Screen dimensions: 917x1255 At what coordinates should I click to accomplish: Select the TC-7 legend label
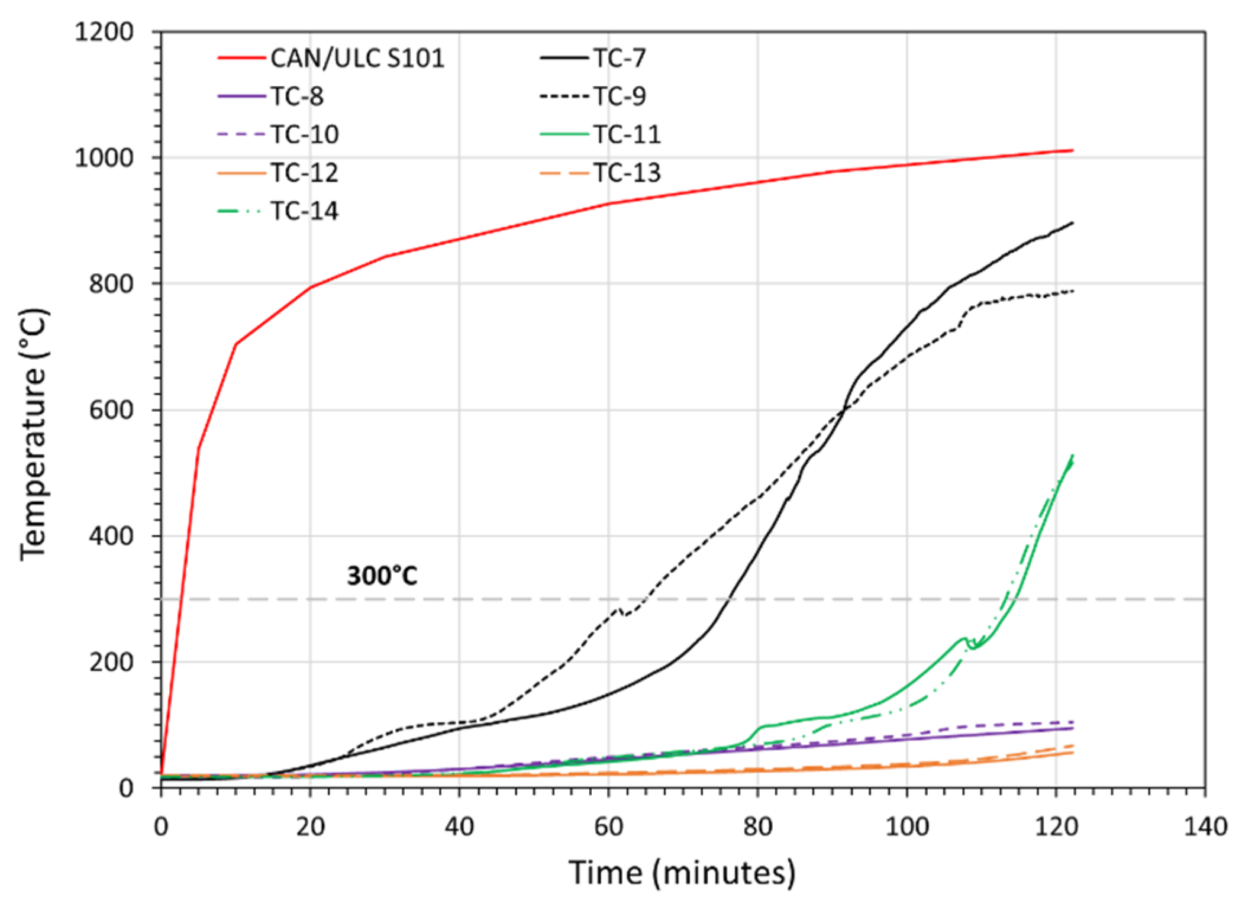pos(620,59)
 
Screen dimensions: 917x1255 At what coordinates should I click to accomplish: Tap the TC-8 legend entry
pos(297,96)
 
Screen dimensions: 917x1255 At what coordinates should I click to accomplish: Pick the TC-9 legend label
pos(620,96)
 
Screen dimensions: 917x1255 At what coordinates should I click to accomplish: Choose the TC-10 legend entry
pos(305,134)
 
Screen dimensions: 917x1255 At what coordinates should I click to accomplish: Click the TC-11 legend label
pos(627,134)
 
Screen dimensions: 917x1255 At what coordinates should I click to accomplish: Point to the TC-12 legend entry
pos(305,173)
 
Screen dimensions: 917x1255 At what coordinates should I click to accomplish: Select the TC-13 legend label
pos(627,173)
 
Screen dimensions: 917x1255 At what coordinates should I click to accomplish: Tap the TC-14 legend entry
pos(305,211)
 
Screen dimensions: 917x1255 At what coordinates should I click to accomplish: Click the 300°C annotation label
pos(382,576)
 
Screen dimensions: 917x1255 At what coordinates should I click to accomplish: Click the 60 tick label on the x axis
pos(608,826)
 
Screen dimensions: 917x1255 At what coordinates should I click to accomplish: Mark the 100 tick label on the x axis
pos(906,826)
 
